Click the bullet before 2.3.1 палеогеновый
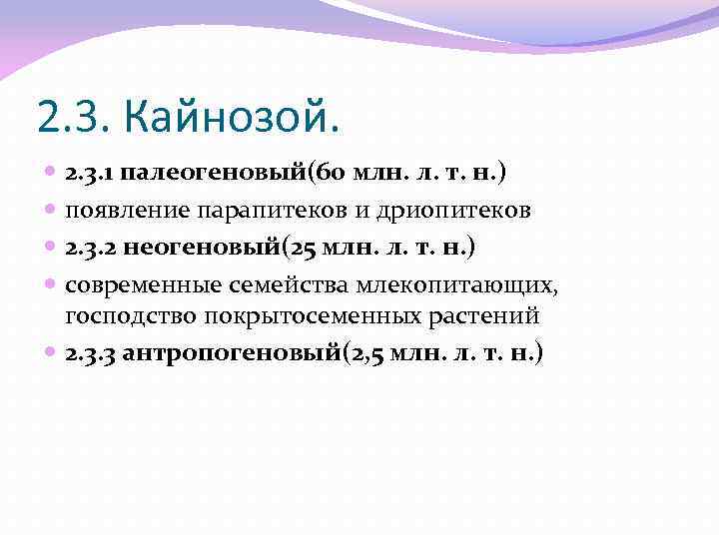tap(51, 174)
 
